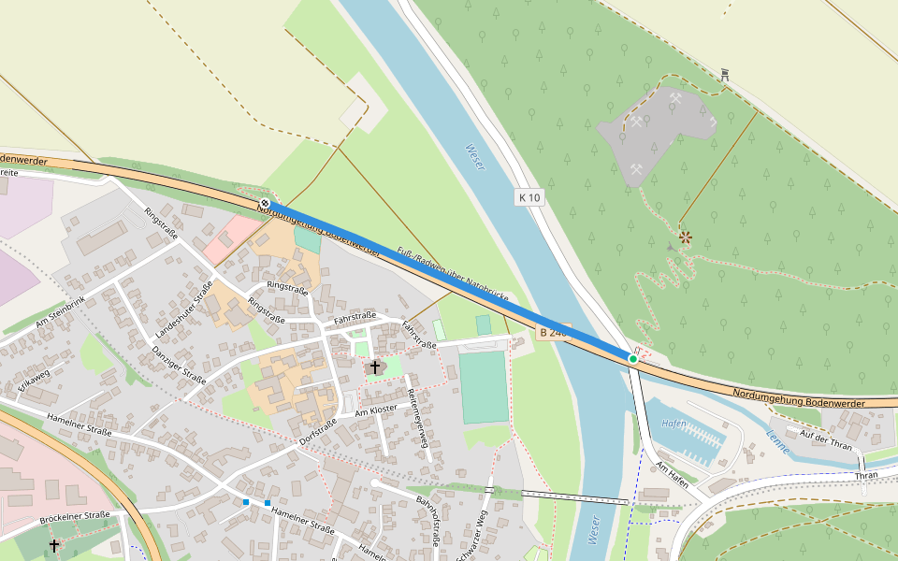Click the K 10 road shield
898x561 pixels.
[x=529, y=197]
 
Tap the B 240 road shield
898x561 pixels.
[x=554, y=333]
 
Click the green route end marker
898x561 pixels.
[x=633, y=358]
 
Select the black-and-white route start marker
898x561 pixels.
[x=266, y=203]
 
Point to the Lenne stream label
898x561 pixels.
[x=777, y=440]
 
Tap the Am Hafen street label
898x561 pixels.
[x=673, y=473]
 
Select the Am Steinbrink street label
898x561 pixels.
[x=61, y=311]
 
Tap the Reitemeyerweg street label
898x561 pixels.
[x=417, y=411]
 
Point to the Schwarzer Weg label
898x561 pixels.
[x=471, y=534]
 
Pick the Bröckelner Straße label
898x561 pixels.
[x=75, y=516]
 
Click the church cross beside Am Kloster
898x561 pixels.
[x=375, y=367]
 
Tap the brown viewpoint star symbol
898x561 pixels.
[x=686, y=237]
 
